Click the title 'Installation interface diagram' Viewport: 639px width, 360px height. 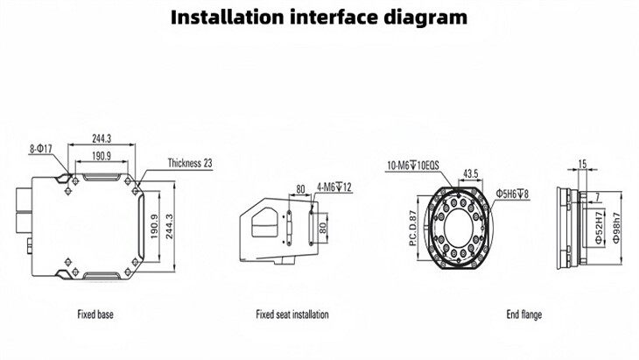319,17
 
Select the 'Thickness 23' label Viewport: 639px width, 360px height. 189,163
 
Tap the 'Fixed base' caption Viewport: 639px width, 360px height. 95,313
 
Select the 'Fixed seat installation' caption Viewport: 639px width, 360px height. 292,313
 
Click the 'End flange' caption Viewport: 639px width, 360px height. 525,313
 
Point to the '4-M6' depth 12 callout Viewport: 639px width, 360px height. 334,186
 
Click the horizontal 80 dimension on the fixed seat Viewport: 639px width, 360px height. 301,187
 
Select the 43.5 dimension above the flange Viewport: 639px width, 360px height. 470,174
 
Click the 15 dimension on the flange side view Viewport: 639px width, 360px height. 583,163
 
